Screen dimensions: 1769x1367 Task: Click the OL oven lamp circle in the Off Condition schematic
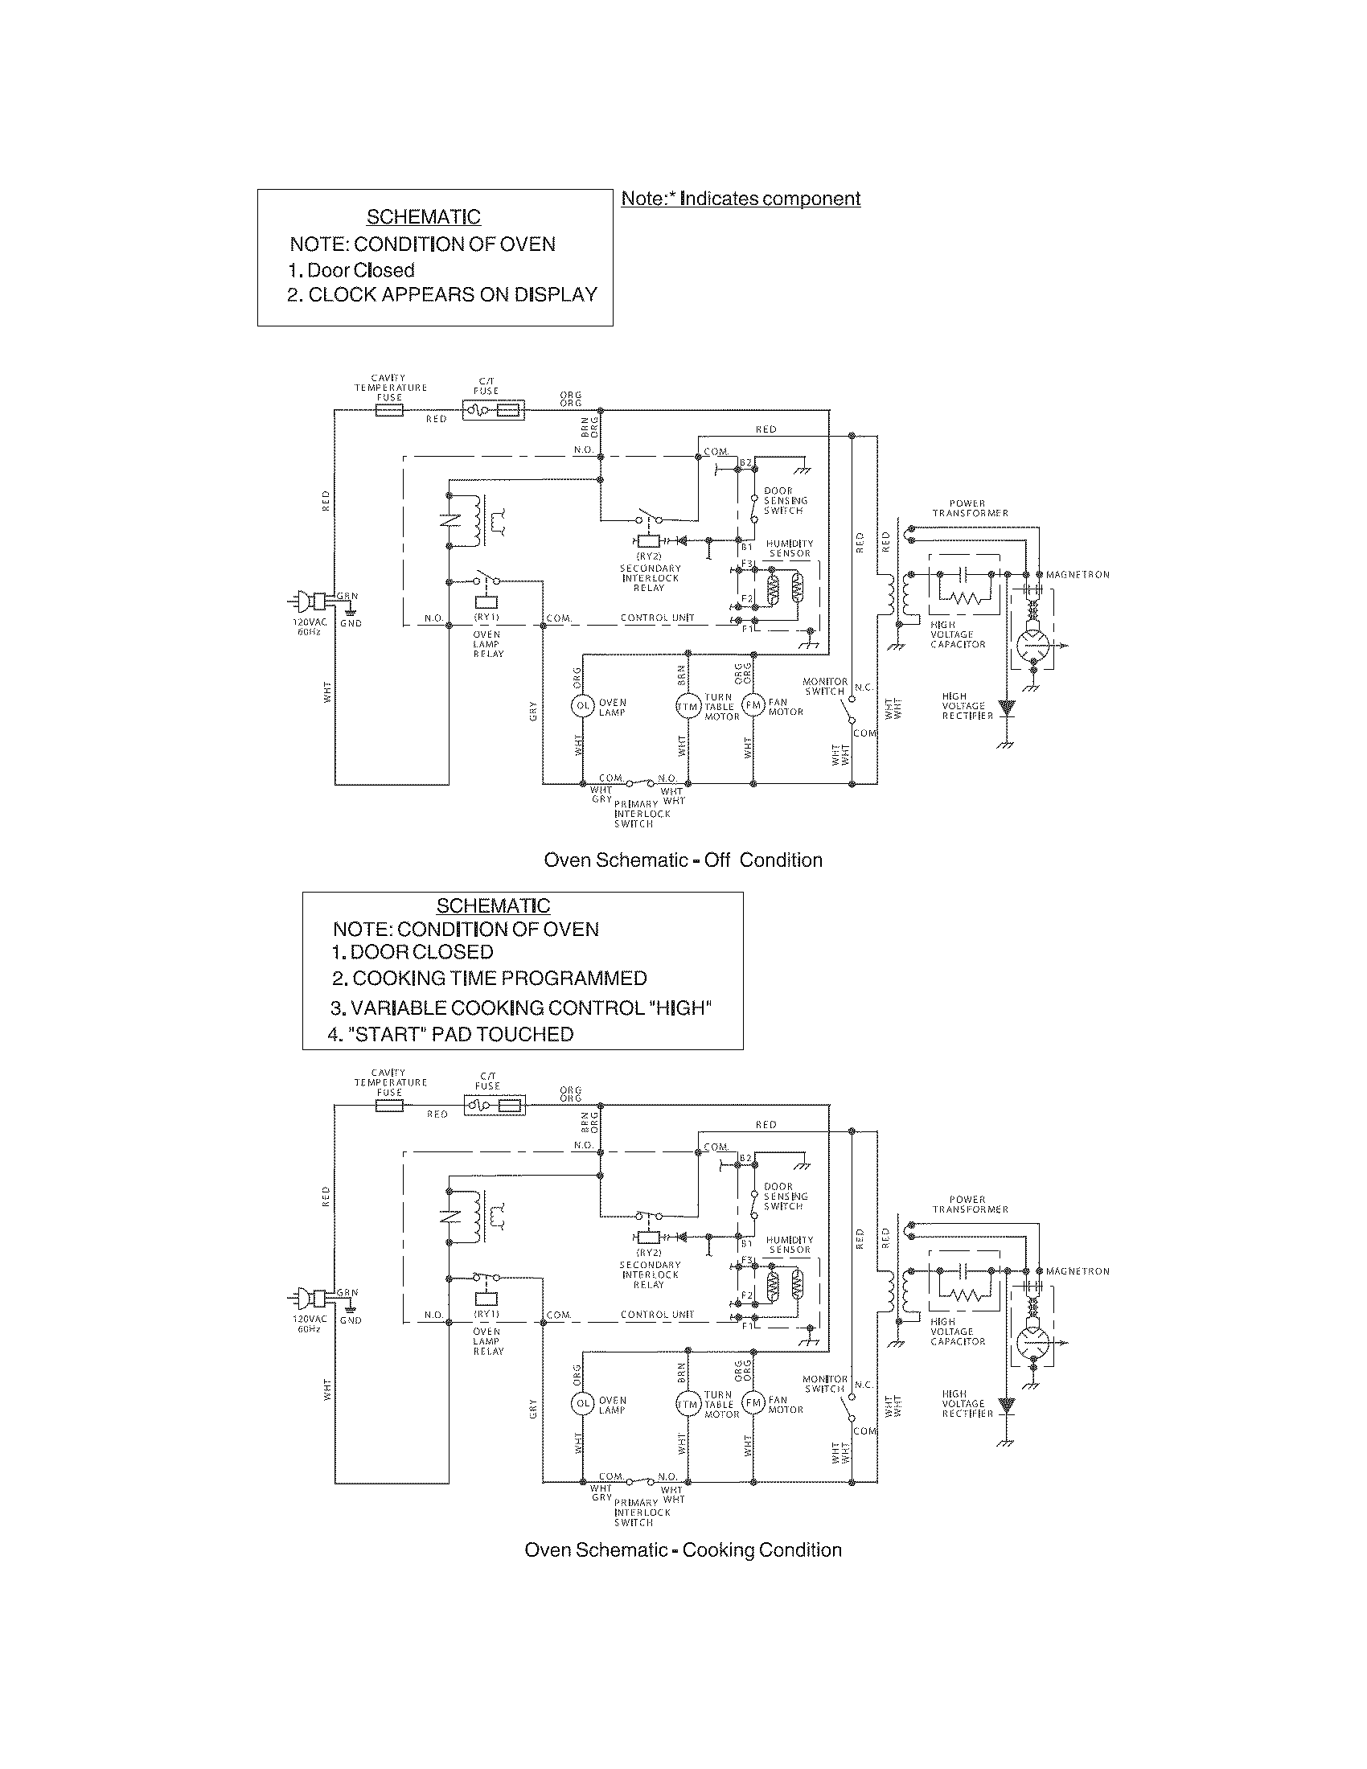[582, 706]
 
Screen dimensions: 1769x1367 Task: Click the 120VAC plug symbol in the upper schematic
[311, 601]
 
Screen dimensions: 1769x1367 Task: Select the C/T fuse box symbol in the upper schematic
[493, 411]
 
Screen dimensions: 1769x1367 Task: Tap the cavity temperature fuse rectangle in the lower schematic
[389, 1106]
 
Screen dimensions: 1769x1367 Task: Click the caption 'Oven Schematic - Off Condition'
[683, 860]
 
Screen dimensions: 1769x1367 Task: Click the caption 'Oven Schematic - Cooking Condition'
[683, 1549]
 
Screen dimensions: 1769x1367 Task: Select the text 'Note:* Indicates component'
[740, 199]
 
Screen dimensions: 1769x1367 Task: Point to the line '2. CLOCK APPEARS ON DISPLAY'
[441, 295]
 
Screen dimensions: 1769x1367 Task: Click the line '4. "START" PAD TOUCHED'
[450, 1034]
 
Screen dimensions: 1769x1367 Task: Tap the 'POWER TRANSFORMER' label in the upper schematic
[970, 508]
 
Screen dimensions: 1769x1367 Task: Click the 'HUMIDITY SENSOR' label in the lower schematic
[789, 1245]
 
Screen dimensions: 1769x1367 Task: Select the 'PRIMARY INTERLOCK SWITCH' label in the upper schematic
[642, 813]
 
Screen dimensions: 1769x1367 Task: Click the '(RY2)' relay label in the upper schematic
[648, 556]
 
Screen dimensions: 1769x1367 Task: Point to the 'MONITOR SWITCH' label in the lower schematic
[824, 1384]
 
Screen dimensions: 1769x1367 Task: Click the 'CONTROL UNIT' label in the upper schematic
[657, 618]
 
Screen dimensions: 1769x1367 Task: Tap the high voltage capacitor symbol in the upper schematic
[963, 573]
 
